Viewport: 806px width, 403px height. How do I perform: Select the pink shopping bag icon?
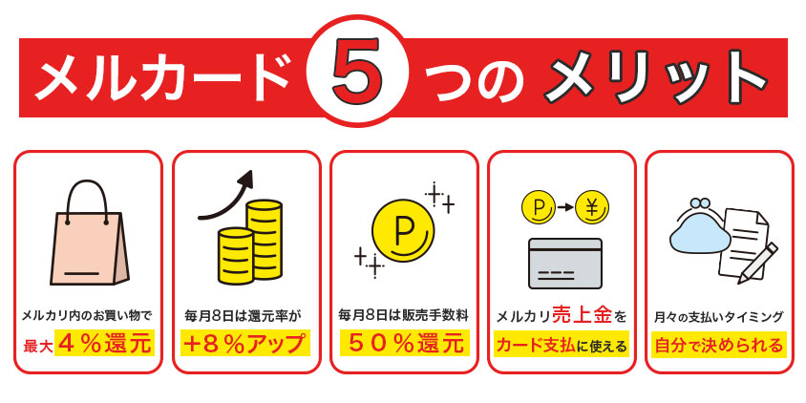[x=89, y=234]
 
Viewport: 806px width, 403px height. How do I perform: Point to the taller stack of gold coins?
[x=264, y=239]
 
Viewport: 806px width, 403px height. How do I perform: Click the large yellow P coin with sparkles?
[x=403, y=228]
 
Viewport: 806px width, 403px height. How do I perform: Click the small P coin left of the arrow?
[x=539, y=204]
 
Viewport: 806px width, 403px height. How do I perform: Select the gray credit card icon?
[x=565, y=264]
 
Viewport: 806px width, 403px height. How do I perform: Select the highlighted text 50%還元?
[x=404, y=342]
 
